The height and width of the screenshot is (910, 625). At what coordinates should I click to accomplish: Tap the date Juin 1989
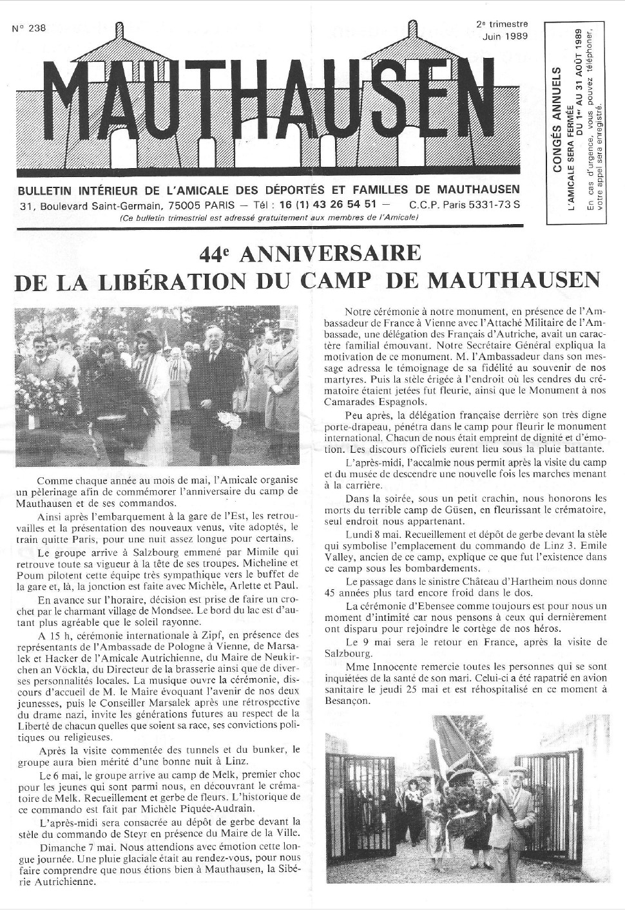click(x=505, y=36)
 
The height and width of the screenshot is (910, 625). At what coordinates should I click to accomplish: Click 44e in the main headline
click(x=215, y=254)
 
